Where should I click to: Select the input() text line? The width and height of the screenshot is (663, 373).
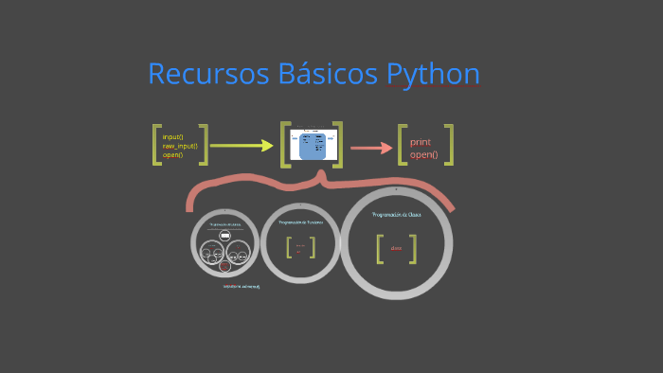pos(172,136)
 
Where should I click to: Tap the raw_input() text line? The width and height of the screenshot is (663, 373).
pos(180,146)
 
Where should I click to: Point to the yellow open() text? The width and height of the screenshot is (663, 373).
pos(172,154)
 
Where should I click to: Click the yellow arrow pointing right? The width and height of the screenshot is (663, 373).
pos(242,146)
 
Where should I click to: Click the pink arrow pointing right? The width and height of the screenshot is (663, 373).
pos(371,148)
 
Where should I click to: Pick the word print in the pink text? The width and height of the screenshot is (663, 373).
pos(420,141)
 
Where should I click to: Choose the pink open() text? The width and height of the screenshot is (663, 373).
pos(423,153)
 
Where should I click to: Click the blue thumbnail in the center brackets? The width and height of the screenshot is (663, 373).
pos(313,147)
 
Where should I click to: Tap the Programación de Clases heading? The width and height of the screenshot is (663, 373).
pos(397,215)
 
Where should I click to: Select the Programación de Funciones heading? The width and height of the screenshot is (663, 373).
pos(300,222)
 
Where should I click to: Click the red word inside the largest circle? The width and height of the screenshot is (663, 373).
pos(396,249)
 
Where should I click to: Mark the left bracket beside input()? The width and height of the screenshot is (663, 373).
pos(156,145)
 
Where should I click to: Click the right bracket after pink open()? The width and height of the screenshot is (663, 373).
pos(450,144)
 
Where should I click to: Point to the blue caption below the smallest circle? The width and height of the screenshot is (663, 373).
pos(241,285)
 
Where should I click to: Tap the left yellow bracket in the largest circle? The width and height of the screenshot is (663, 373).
pos(379,248)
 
